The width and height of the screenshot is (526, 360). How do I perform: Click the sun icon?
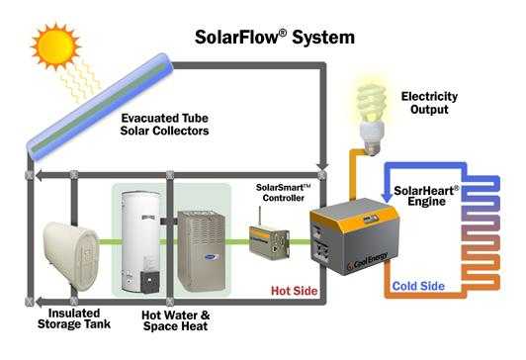[55, 46]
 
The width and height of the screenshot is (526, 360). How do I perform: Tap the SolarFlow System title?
[275, 37]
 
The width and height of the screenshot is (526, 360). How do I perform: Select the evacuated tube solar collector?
[100, 107]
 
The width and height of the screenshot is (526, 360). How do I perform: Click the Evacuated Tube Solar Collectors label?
[165, 125]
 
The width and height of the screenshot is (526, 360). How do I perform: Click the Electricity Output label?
[429, 103]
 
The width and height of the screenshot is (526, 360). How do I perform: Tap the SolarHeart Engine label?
[426, 196]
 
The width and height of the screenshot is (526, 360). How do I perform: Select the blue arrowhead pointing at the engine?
[388, 198]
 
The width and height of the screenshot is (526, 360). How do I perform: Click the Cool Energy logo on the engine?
[367, 261]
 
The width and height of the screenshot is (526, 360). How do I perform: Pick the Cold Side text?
[418, 286]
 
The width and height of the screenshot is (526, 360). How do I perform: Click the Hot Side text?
[295, 291]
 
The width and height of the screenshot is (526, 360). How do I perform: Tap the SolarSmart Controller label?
[284, 193]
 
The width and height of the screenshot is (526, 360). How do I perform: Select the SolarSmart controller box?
[269, 242]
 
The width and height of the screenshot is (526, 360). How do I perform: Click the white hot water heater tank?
[140, 242]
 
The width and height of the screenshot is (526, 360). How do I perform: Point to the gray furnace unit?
[202, 251]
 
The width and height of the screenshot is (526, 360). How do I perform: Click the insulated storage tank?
[71, 255]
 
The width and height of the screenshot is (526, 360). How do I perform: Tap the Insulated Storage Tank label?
[74, 318]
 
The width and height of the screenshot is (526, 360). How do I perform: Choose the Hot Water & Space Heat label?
[175, 320]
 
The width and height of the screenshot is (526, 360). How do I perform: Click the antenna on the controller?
[259, 217]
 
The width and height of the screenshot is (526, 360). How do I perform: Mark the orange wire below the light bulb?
[353, 174]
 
